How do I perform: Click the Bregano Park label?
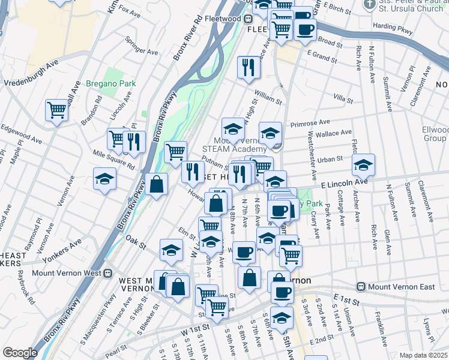(x=110, y=84)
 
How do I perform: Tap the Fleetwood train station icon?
(x=247, y=19)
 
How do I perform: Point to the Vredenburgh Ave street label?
(x=31, y=71)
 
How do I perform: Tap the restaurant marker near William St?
(x=249, y=67)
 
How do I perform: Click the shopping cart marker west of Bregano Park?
(x=56, y=110)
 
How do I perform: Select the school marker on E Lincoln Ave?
(x=363, y=164)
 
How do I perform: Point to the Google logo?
(x=19, y=352)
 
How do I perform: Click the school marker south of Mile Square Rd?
(x=104, y=179)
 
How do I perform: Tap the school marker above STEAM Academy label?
(x=233, y=127)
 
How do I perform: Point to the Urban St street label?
(x=330, y=160)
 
